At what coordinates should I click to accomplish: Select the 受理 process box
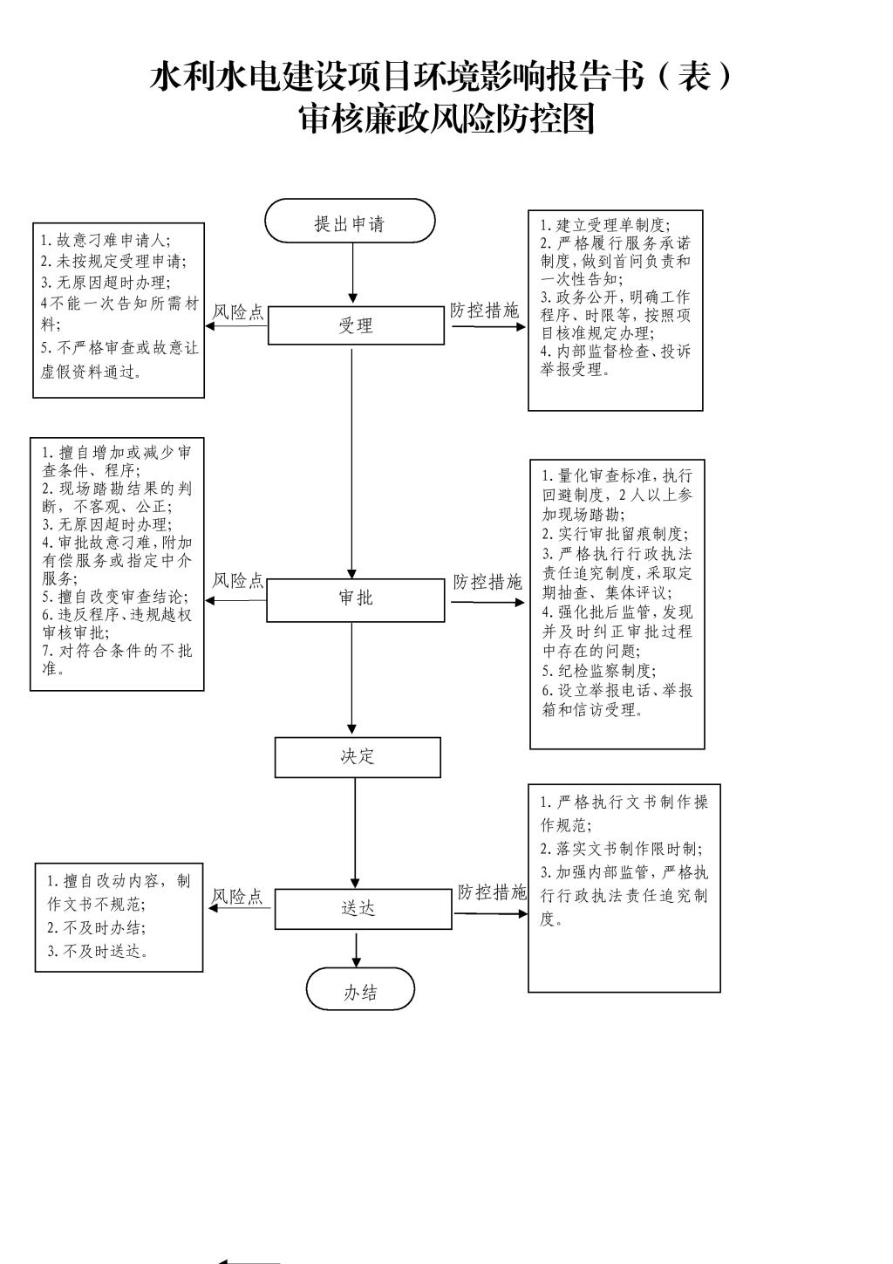355,325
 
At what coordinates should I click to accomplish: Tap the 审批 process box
355,598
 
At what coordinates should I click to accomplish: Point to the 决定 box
358,756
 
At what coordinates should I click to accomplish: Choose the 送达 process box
358,908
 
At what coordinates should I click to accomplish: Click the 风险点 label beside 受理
239,313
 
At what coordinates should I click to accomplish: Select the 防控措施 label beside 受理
484,311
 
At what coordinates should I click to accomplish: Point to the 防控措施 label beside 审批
487,583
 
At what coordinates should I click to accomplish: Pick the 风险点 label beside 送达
237,897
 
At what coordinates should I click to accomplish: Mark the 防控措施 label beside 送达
492,892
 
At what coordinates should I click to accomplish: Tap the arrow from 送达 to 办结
357,948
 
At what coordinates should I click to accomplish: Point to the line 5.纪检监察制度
597,671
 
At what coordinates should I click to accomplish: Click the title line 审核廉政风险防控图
446,120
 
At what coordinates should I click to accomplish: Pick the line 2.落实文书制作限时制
621,849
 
